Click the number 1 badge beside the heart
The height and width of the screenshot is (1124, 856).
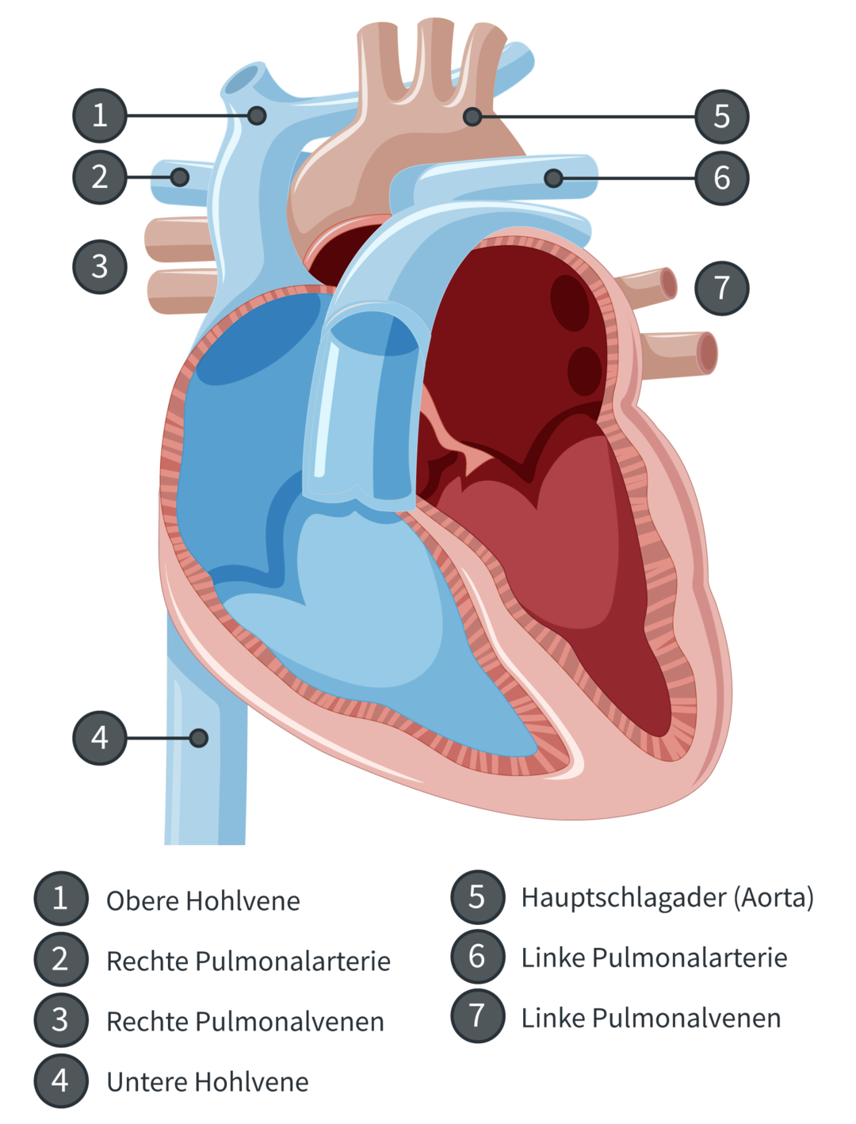tap(99, 116)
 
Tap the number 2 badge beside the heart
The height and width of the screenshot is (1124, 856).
tap(99, 177)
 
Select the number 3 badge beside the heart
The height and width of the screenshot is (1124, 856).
tap(99, 266)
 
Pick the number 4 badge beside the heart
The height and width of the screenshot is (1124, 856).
tap(99, 738)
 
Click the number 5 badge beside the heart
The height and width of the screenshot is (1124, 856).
tap(721, 116)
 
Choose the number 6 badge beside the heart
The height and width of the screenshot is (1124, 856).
tap(721, 178)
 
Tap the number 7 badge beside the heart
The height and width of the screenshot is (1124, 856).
tap(721, 287)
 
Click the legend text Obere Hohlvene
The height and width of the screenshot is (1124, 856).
tap(203, 901)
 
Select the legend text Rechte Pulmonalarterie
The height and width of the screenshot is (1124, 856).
tap(248, 962)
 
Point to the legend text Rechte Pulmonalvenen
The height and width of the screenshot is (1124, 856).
tap(245, 1022)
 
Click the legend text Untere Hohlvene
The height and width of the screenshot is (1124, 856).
tap(207, 1082)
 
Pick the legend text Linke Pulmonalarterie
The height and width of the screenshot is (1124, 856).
tap(654, 958)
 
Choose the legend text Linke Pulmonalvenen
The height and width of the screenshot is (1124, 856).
tap(651, 1019)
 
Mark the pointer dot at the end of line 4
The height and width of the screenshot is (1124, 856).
tap(199, 738)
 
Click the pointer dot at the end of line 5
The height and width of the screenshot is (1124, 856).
tap(472, 117)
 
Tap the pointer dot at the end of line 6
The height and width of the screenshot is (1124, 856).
tap(553, 178)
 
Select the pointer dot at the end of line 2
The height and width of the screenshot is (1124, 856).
tap(180, 177)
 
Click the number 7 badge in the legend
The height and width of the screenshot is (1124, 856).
tap(476, 1015)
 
